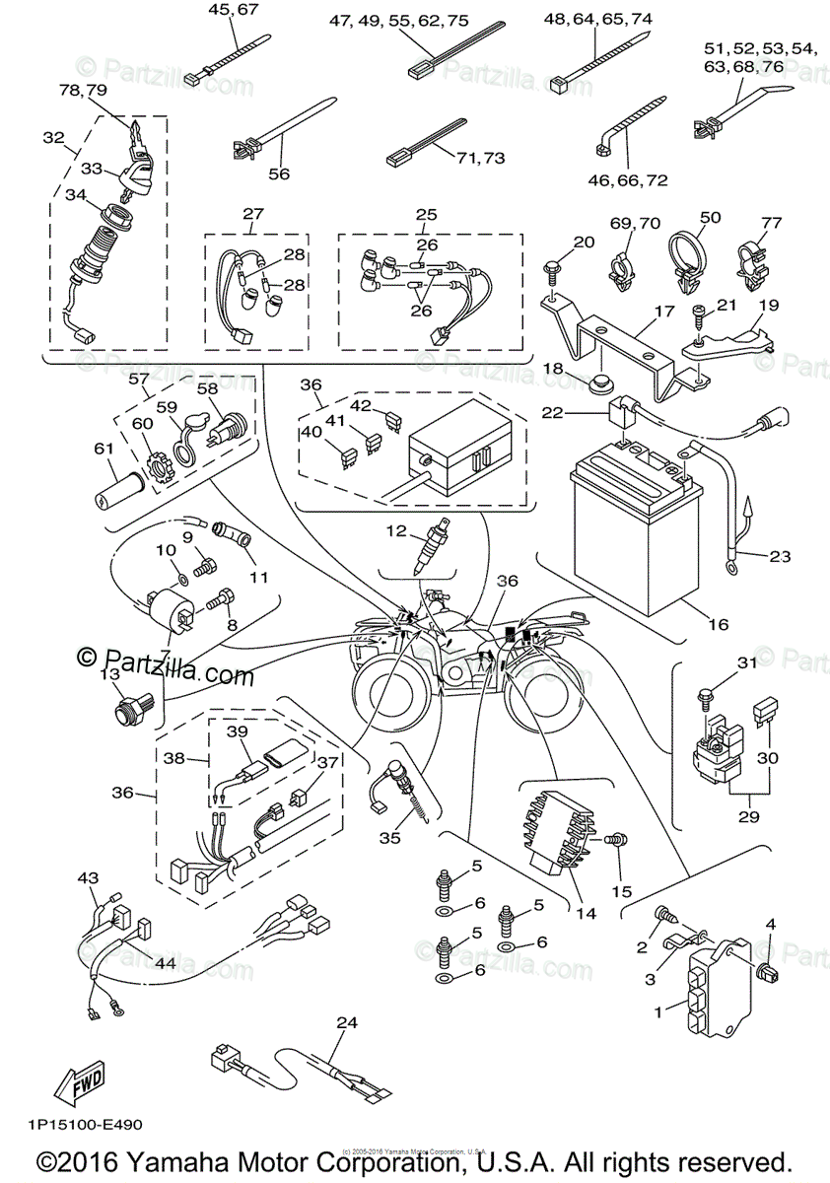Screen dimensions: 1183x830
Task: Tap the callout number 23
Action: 779,556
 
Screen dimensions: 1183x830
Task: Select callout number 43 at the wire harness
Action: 89,877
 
